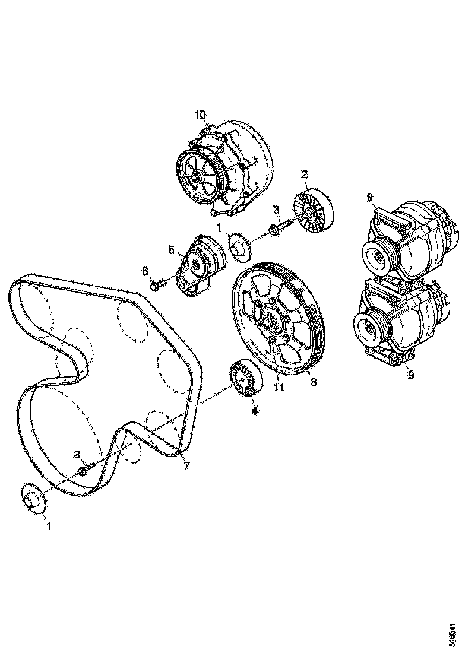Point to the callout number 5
pyautogui.click(x=171, y=250)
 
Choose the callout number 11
pyautogui.click(x=279, y=388)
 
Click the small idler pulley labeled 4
pyautogui.click(x=243, y=378)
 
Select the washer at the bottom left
pyautogui.click(x=33, y=497)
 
